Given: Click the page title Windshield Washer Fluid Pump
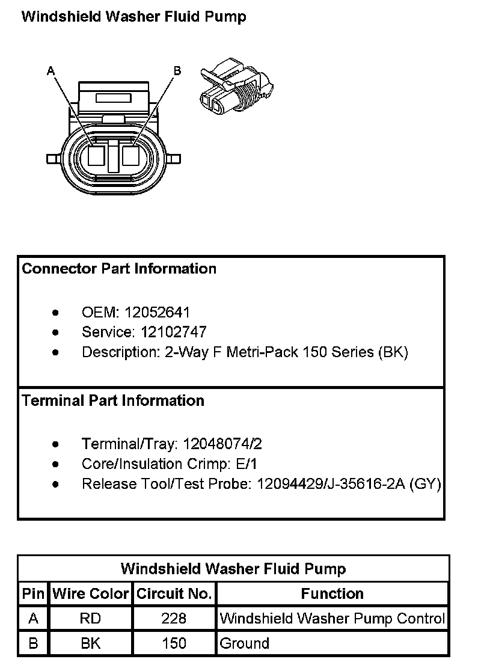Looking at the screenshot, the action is tap(133, 17).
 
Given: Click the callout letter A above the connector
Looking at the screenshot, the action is tap(51, 71).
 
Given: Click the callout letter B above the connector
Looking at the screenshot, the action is tap(177, 71).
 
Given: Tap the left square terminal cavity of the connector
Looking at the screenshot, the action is tap(96, 156).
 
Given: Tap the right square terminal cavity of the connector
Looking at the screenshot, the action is tap(130, 156).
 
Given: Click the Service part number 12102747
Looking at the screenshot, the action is tap(174, 332).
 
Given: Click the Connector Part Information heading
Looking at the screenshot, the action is tap(119, 269).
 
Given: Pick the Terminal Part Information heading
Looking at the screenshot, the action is tap(113, 400).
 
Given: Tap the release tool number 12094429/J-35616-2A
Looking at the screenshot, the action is tap(331, 484).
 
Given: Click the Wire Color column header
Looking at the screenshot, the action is tap(91, 594).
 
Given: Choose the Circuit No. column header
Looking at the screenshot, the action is tap(174, 594).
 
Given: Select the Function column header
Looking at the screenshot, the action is tap(332, 594).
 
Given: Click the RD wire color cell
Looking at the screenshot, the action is tap(91, 619).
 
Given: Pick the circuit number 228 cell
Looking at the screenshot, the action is tap(174, 619).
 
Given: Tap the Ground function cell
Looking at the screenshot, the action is tap(245, 643).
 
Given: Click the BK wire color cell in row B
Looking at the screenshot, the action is tap(91, 643).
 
